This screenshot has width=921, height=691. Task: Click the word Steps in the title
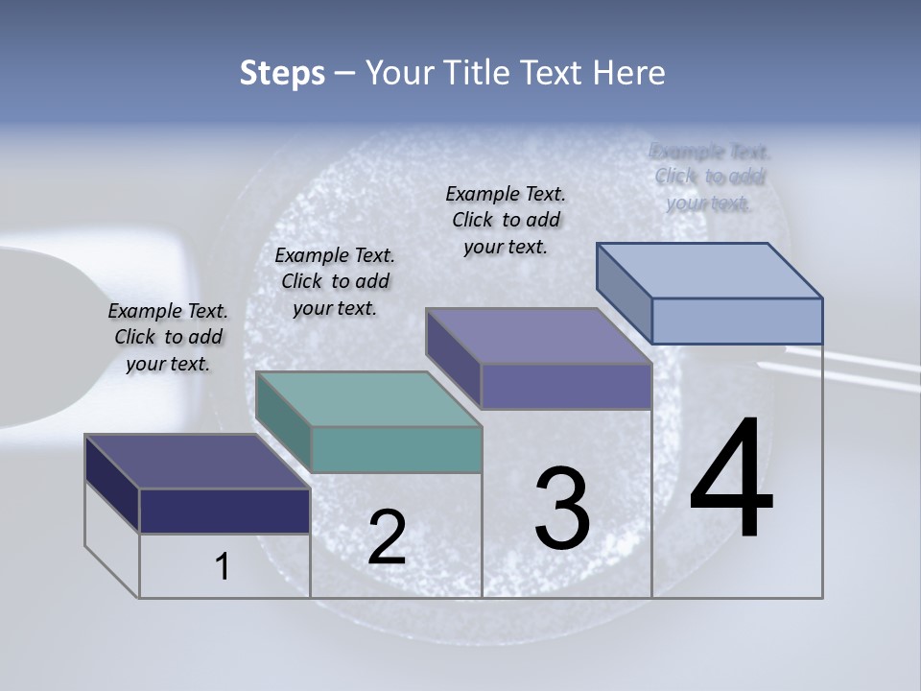click(282, 73)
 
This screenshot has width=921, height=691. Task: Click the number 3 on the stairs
click(562, 509)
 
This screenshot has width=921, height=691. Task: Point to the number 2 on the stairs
click(387, 537)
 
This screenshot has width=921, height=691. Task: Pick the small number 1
click(223, 567)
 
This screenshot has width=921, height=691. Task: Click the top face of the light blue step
click(710, 270)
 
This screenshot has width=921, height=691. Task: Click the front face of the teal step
click(396, 449)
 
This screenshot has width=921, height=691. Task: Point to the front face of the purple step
click(566, 386)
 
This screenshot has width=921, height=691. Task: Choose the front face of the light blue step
click(737, 321)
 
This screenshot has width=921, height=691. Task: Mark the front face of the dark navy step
click(224, 511)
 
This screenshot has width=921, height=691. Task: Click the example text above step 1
click(168, 337)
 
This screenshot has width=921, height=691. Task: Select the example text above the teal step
click(335, 281)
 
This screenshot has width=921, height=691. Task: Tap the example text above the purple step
click(506, 220)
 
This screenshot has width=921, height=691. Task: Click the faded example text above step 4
click(709, 177)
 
